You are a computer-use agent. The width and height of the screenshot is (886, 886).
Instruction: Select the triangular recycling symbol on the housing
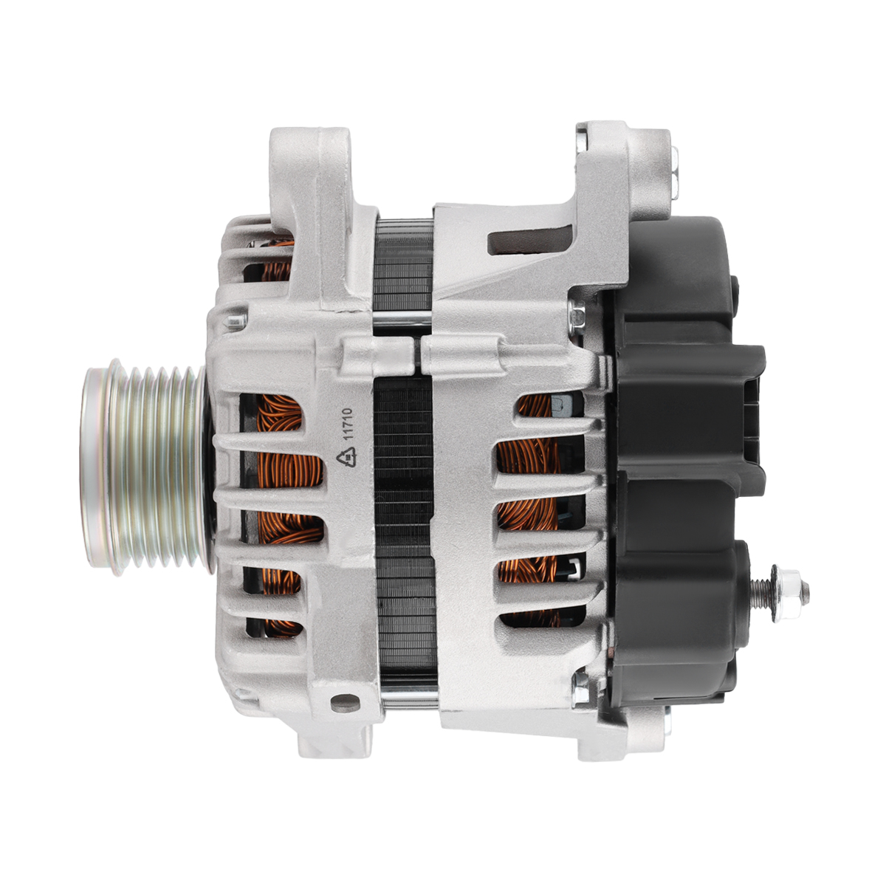(x=347, y=459)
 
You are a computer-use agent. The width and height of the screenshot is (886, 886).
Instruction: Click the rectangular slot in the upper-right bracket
(x=529, y=240)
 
